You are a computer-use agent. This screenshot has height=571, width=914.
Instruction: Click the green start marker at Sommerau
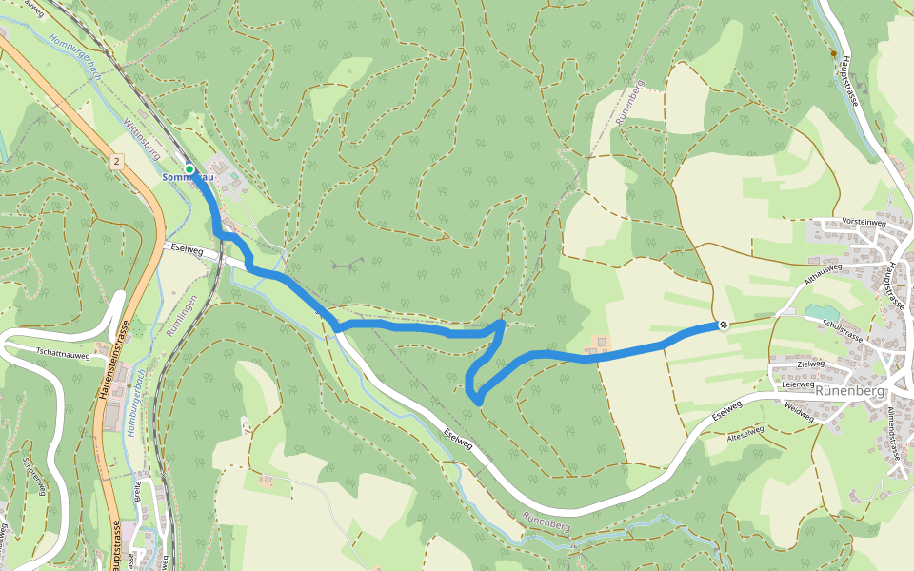coord(189,169)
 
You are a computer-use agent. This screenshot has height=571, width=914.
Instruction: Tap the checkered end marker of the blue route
coord(724,325)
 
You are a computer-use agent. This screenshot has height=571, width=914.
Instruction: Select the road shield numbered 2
coord(117,162)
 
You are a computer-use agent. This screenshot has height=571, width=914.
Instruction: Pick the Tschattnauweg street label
coord(62,354)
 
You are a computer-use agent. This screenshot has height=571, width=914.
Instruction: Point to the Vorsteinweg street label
coord(864,221)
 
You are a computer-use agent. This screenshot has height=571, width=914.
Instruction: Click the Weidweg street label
coord(800,410)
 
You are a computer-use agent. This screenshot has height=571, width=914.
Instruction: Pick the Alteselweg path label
coord(745,433)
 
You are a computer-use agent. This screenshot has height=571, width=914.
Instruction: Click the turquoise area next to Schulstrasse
coord(822,313)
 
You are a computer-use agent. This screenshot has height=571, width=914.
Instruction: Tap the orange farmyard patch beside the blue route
coord(601,342)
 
